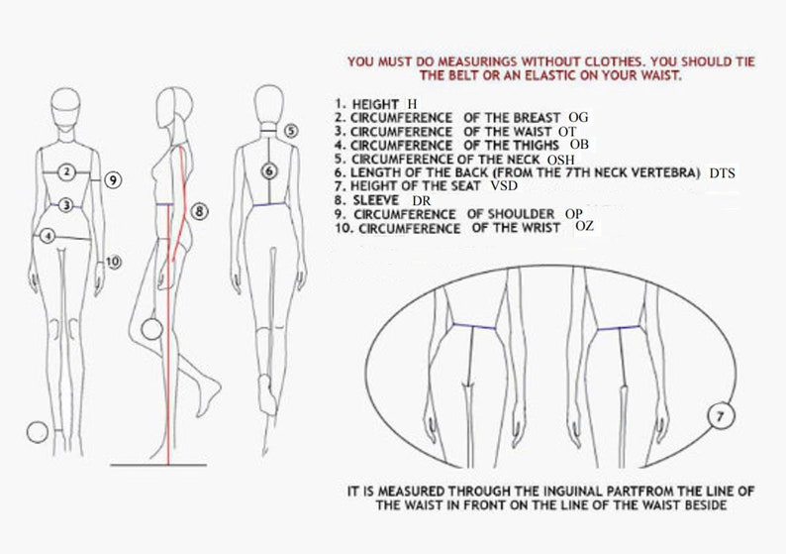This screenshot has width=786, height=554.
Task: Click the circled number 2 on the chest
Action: pos(66,172)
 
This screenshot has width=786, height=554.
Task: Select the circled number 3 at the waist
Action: pos(65,205)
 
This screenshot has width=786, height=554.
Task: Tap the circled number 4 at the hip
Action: pos(47,236)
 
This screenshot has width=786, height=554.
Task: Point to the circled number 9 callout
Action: pos(114,179)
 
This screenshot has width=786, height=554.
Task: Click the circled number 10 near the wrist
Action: pos(113,262)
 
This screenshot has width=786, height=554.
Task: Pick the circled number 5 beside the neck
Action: pos(290,130)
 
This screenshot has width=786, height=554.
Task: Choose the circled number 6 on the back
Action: pos(268,170)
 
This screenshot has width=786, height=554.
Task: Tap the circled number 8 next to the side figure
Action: pos(198,210)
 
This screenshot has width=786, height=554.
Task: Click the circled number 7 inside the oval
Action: pos(721,417)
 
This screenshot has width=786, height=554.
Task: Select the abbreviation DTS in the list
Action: pos(723,172)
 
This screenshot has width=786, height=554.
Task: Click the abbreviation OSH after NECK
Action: pos(560,159)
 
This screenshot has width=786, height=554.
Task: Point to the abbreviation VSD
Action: pos(505,186)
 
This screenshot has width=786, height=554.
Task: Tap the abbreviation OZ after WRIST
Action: pos(585,227)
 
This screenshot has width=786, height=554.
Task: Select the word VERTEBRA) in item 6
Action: pos(666,172)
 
